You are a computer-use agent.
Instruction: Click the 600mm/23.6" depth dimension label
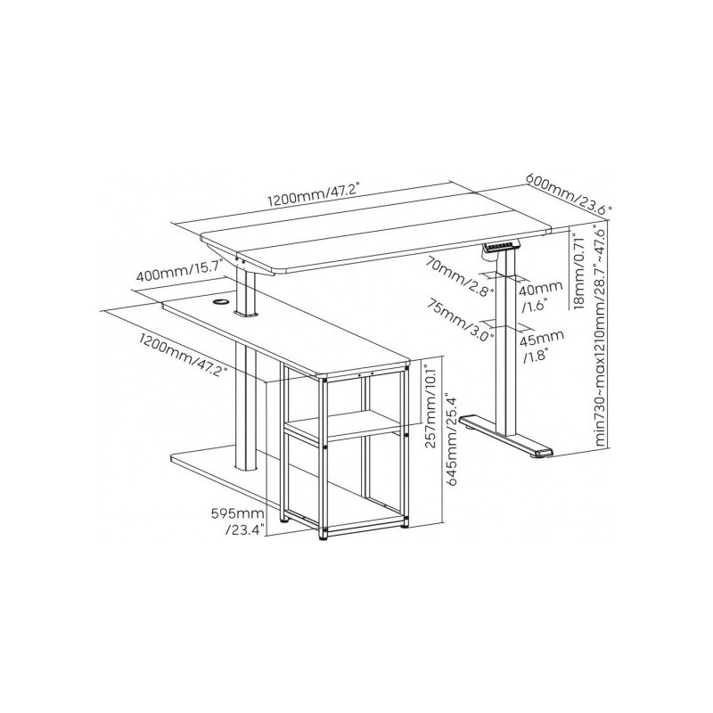(569, 193)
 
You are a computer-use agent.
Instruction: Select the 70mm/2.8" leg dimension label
(461, 276)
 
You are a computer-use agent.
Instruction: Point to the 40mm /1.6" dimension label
(542, 296)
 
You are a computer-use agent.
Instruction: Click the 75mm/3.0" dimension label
(460, 320)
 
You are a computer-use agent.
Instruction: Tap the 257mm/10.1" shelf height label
(430, 403)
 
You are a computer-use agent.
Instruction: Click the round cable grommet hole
(221, 301)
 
